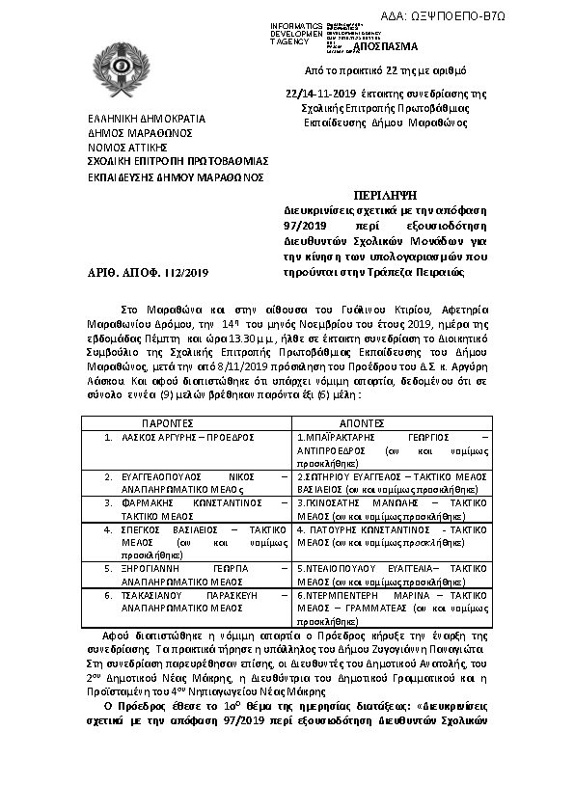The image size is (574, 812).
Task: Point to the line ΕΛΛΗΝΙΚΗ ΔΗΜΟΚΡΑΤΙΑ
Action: pos(138,120)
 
